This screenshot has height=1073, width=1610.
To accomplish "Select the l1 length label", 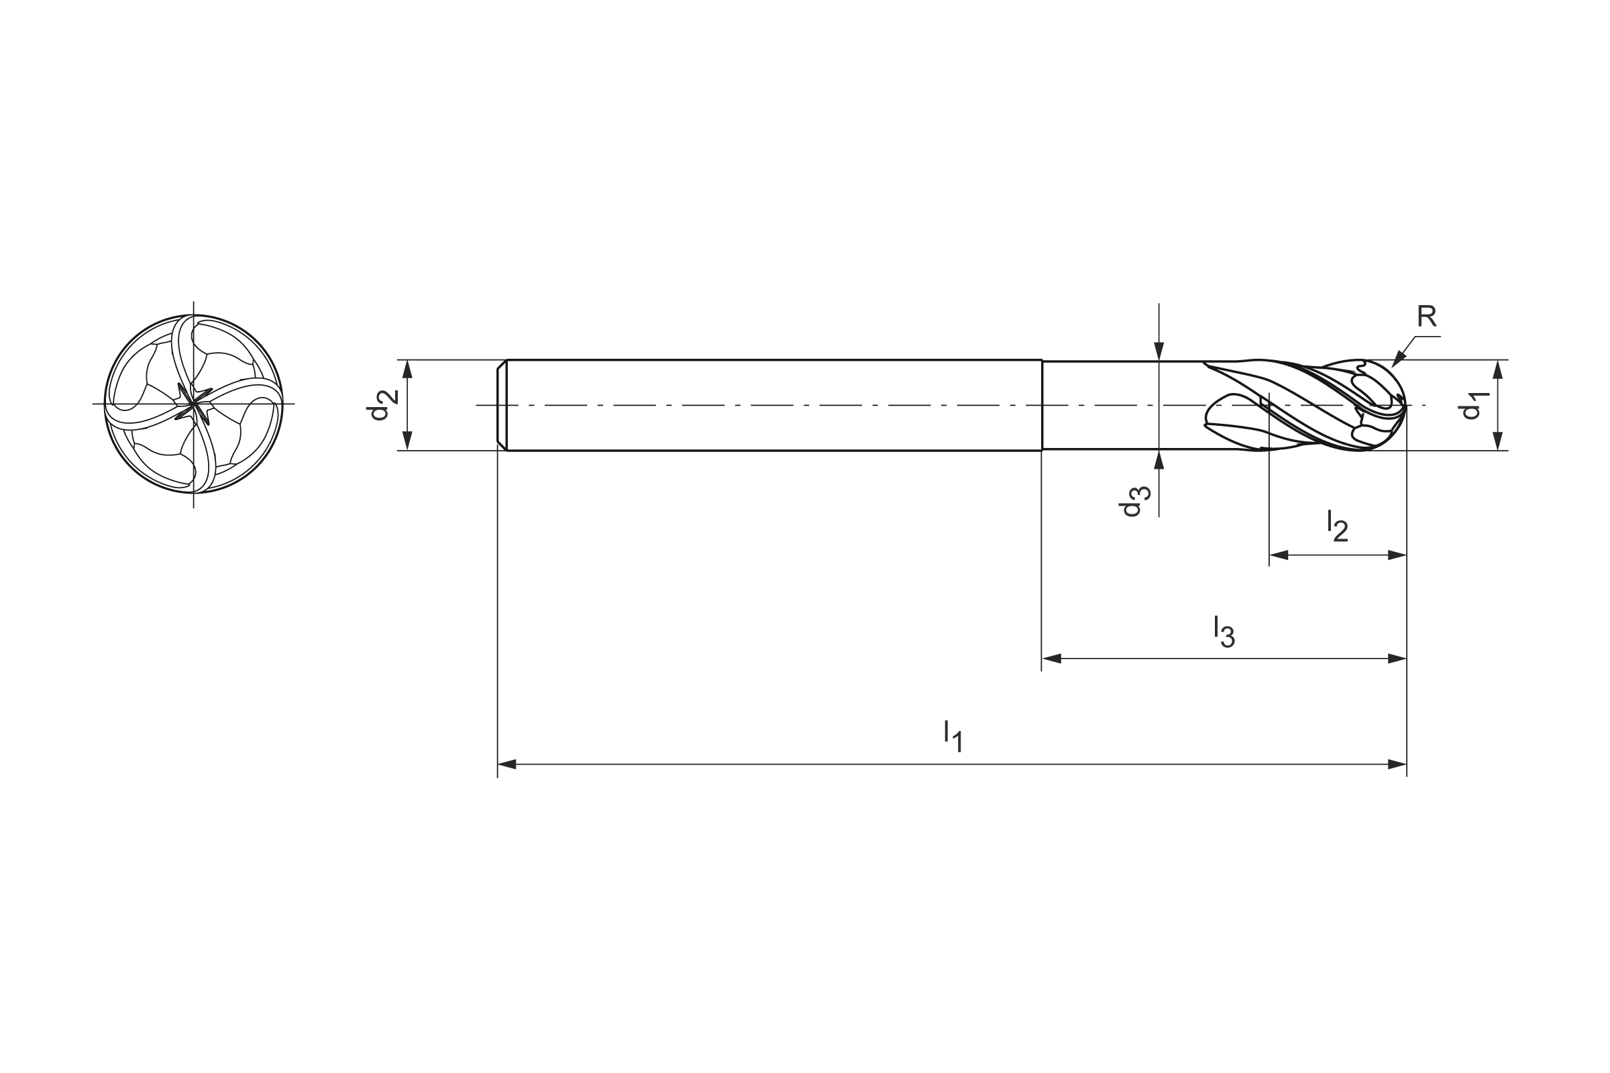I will coord(953,736).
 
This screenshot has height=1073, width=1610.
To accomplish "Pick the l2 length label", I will coord(1338,526).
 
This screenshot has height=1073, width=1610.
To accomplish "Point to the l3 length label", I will coord(1224,631).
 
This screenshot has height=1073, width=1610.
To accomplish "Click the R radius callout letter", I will coord(1427,316).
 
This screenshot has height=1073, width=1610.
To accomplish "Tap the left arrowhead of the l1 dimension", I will coord(506,764).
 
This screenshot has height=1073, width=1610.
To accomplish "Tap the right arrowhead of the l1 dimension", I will coord(1397,764).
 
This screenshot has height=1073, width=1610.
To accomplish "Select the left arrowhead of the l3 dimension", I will coord(1051,659).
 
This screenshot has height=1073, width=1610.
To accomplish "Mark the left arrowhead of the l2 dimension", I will coord(1279,555).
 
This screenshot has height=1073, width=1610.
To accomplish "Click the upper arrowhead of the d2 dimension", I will coord(407,369).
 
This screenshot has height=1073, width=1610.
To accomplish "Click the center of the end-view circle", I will coord(194,404).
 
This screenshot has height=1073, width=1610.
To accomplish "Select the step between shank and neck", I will coord(1042,405).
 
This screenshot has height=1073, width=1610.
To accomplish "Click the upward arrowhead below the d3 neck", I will coord(1159,459).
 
